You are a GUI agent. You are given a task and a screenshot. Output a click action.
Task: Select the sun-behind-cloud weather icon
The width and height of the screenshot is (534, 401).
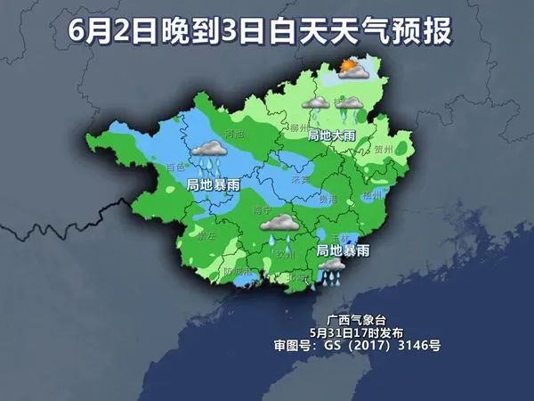(x=350, y=67)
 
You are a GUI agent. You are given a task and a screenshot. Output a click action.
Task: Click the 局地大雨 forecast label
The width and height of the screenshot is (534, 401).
(x=331, y=135)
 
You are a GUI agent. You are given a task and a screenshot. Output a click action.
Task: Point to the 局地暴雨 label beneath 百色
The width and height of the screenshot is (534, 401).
(x=212, y=185)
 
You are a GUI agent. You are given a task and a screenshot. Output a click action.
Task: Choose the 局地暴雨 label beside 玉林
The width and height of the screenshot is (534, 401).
(x=343, y=251)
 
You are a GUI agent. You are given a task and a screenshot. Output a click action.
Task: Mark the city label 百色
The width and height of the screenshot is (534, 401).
(x=175, y=167)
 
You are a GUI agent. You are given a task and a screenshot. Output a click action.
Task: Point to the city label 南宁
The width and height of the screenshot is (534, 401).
(x=263, y=210)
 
